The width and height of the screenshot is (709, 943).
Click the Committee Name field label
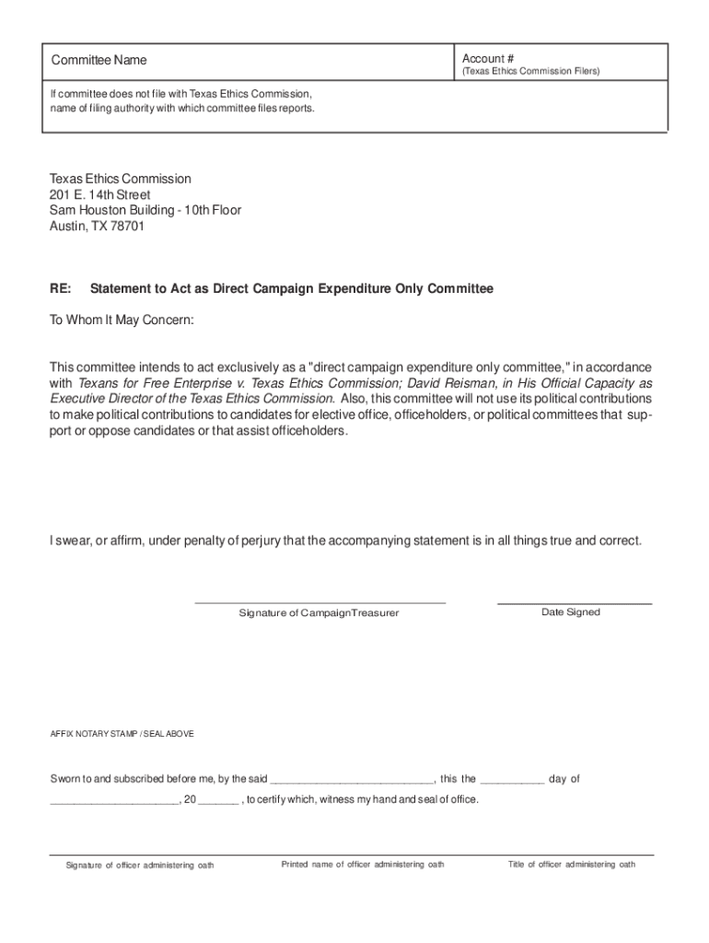(99, 61)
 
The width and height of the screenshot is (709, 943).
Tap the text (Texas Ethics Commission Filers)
(530, 71)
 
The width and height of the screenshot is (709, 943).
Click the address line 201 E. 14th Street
(99, 194)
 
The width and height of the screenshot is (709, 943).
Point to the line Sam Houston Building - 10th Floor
(145, 210)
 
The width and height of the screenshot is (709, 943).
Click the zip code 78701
(126, 226)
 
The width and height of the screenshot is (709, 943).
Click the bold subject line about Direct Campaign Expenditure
(292, 288)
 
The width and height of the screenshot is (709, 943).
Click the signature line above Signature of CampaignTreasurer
(320, 601)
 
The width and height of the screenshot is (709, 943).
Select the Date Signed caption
(570, 612)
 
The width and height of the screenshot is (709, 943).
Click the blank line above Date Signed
(574, 602)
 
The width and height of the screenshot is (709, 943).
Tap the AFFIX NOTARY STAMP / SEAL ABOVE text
(122, 734)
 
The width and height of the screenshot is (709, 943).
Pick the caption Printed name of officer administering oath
(363, 865)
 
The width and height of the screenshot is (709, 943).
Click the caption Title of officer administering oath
(571, 865)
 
